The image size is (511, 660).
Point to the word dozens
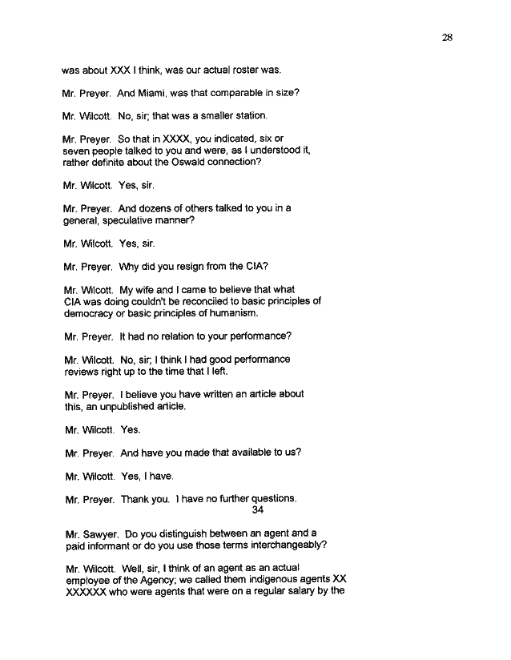[170, 208]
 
